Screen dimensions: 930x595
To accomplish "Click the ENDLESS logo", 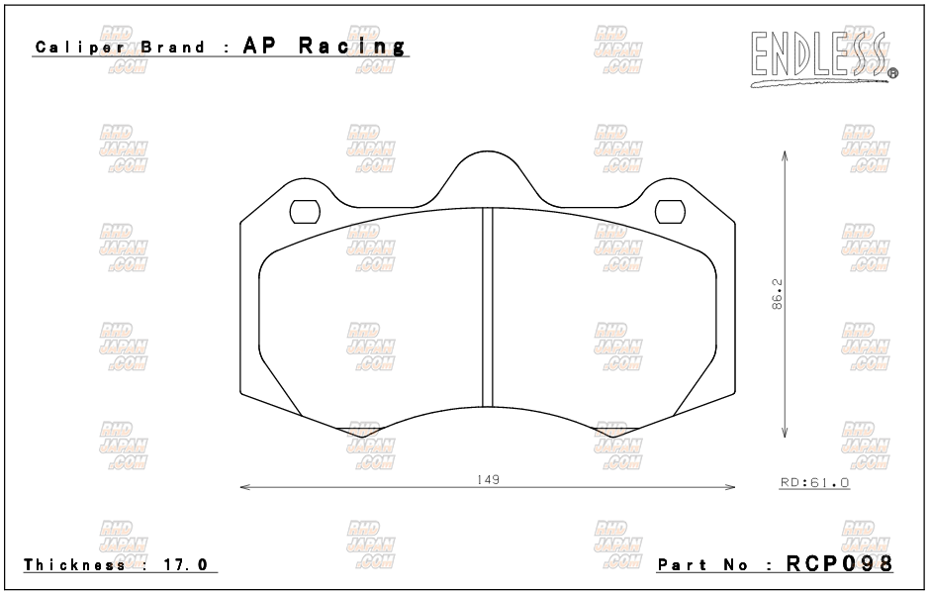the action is coord(824,59).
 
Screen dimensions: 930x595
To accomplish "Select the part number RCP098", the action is coord(839,563).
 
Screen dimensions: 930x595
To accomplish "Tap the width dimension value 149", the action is coord(488,479).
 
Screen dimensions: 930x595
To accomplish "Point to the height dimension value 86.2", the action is coord(777,294).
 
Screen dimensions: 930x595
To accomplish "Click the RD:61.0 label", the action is coord(814,483).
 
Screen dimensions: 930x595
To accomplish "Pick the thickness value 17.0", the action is coord(186,564).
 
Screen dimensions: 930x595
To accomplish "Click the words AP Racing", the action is coord(325,46).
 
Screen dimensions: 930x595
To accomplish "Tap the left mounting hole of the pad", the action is coord(305,212).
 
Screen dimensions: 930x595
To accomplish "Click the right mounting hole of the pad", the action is coord(670,212).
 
